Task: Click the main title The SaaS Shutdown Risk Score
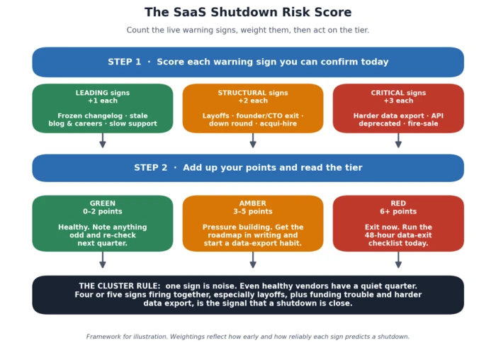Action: tap(248, 12)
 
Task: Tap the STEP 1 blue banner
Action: tap(248, 62)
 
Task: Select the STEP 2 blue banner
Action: tap(248, 168)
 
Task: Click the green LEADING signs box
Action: tap(103, 108)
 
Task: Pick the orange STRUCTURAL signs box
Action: tap(253, 108)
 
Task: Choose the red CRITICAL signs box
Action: tap(398, 108)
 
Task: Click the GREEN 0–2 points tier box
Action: tap(103, 223)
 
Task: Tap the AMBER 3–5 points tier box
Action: tap(253, 223)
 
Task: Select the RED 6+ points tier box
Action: tap(398, 223)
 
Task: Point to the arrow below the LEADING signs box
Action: tap(103, 140)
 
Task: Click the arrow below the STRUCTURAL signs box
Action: tap(253, 140)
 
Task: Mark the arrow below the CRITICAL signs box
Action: tap(398, 140)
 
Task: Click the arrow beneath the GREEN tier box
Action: tap(103, 260)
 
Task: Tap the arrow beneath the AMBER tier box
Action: tap(253, 260)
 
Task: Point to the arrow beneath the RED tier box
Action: tap(398, 260)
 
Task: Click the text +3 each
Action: tap(398, 101)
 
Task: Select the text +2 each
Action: tap(253, 101)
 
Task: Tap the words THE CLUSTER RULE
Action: tap(120, 286)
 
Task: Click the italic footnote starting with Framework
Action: tap(248, 337)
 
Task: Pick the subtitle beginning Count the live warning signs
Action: tap(248, 30)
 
